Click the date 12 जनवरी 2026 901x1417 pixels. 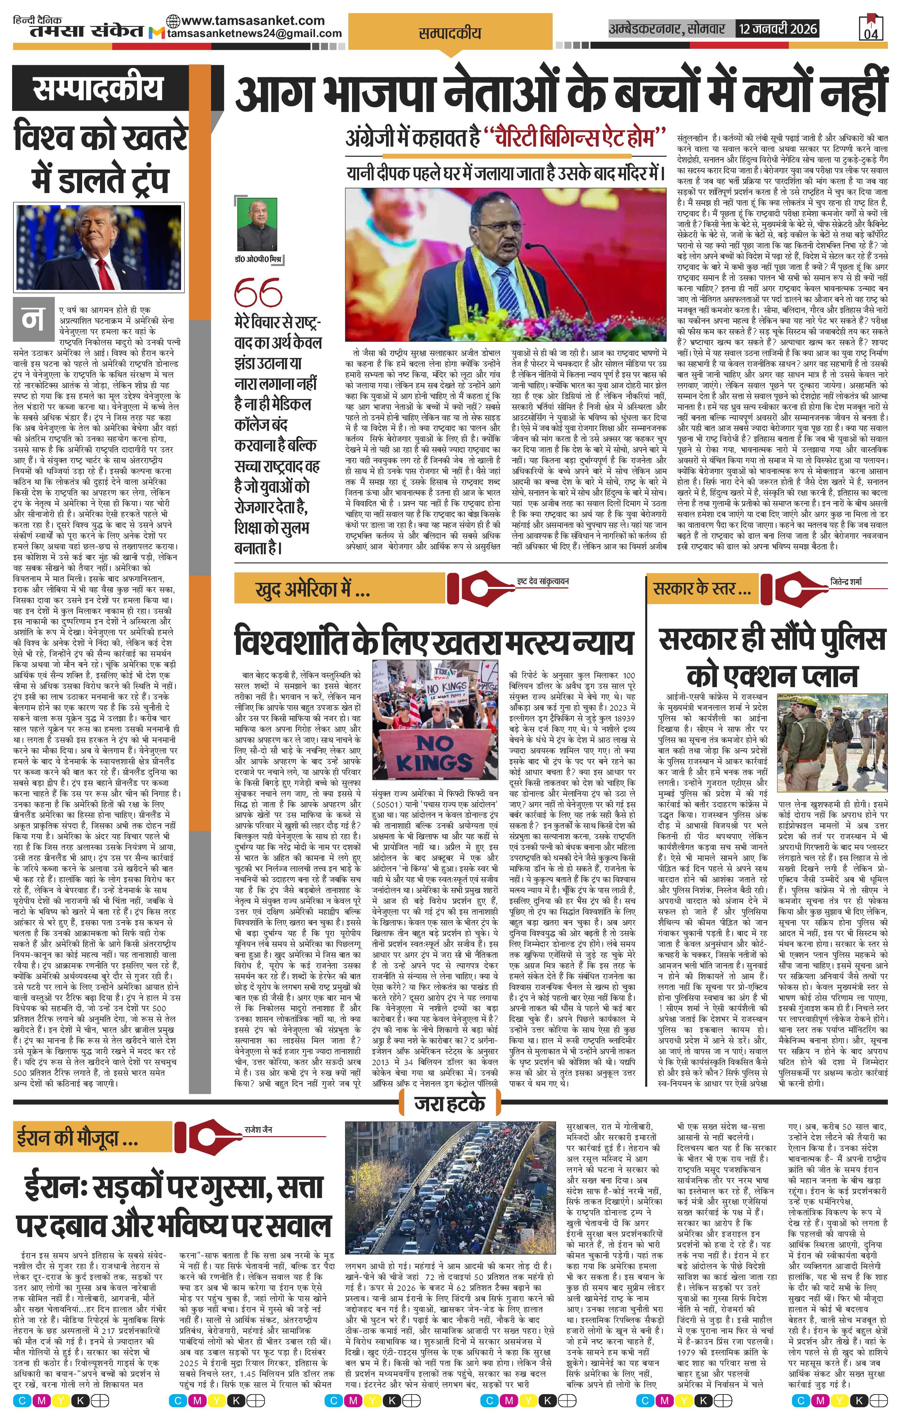(x=778, y=28)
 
